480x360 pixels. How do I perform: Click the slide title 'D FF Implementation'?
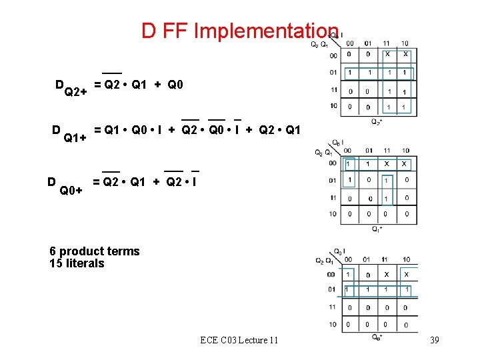click(240, 31)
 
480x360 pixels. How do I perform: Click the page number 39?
click(434, 341)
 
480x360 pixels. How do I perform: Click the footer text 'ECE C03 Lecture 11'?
click(239, 341)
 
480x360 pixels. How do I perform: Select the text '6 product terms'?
click(95, 251)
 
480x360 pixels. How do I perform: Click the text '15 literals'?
click(77, 263)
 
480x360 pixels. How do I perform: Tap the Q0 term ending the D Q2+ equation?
click(175, 85)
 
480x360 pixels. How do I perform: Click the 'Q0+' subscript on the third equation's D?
click(71, 191)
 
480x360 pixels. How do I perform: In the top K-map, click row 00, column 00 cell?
click(350, 54)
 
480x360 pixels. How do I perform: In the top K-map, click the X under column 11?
click(387, 54)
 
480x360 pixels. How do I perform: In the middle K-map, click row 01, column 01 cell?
click(369, 180)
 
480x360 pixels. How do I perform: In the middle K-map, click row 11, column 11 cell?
click(387, 198)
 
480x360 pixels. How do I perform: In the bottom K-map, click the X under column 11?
click(387, 274)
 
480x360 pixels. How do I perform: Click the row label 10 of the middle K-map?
click(333, 215)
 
